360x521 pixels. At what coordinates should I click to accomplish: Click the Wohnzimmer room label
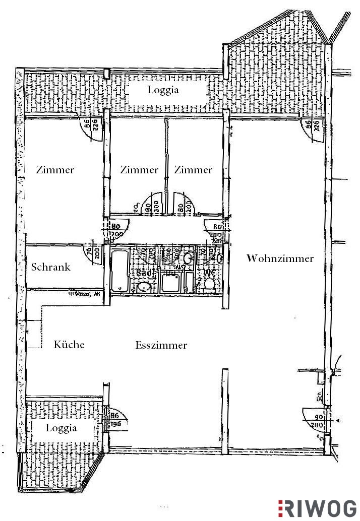(x=280, y=258)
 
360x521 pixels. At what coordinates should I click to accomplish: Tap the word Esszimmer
(x=161, y=345)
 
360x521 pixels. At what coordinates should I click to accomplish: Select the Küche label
(x=69, y=345)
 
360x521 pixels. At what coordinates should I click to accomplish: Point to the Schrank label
(x=51, y=267)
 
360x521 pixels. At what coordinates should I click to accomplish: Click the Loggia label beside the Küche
(x=62, y=428)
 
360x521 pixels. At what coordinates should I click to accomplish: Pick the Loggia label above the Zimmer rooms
(x=163, y=90)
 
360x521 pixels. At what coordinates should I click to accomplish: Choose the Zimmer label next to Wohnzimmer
(x=193, y=170)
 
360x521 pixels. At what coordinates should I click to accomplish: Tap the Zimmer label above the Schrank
(x=55, y=170)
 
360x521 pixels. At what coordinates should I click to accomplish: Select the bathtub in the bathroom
(x=120, y=270)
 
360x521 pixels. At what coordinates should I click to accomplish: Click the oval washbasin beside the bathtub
(x=143, y=287)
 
